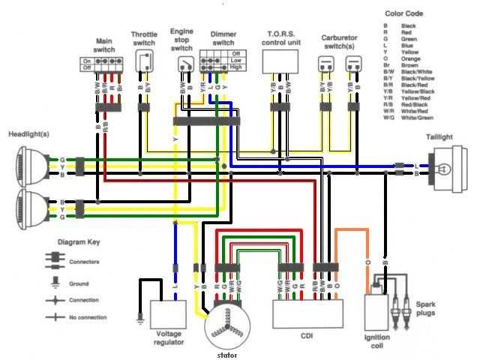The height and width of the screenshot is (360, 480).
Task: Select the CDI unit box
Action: tap(307, 314)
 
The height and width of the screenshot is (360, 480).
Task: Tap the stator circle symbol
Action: tap(227, 322)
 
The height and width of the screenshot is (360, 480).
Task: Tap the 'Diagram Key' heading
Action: tap(79, 244)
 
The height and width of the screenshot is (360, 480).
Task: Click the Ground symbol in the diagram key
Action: tap(55, 283)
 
